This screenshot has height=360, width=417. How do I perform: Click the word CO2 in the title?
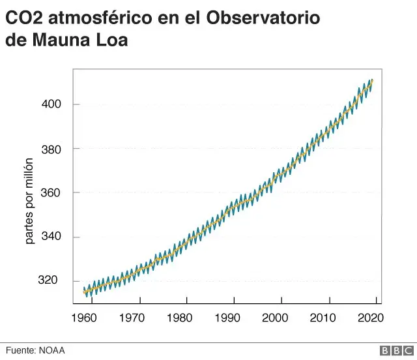24,18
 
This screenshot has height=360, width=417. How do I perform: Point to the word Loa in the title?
112,40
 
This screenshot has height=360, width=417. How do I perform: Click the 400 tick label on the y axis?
53,104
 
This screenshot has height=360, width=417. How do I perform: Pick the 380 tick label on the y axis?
53,149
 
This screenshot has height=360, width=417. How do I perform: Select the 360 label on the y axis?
53,193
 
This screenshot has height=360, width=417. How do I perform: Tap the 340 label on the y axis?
53,237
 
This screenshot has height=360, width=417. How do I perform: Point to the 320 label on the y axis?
53,280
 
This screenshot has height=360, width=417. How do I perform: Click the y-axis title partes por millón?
29,201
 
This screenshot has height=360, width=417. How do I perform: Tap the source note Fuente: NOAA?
36,351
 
